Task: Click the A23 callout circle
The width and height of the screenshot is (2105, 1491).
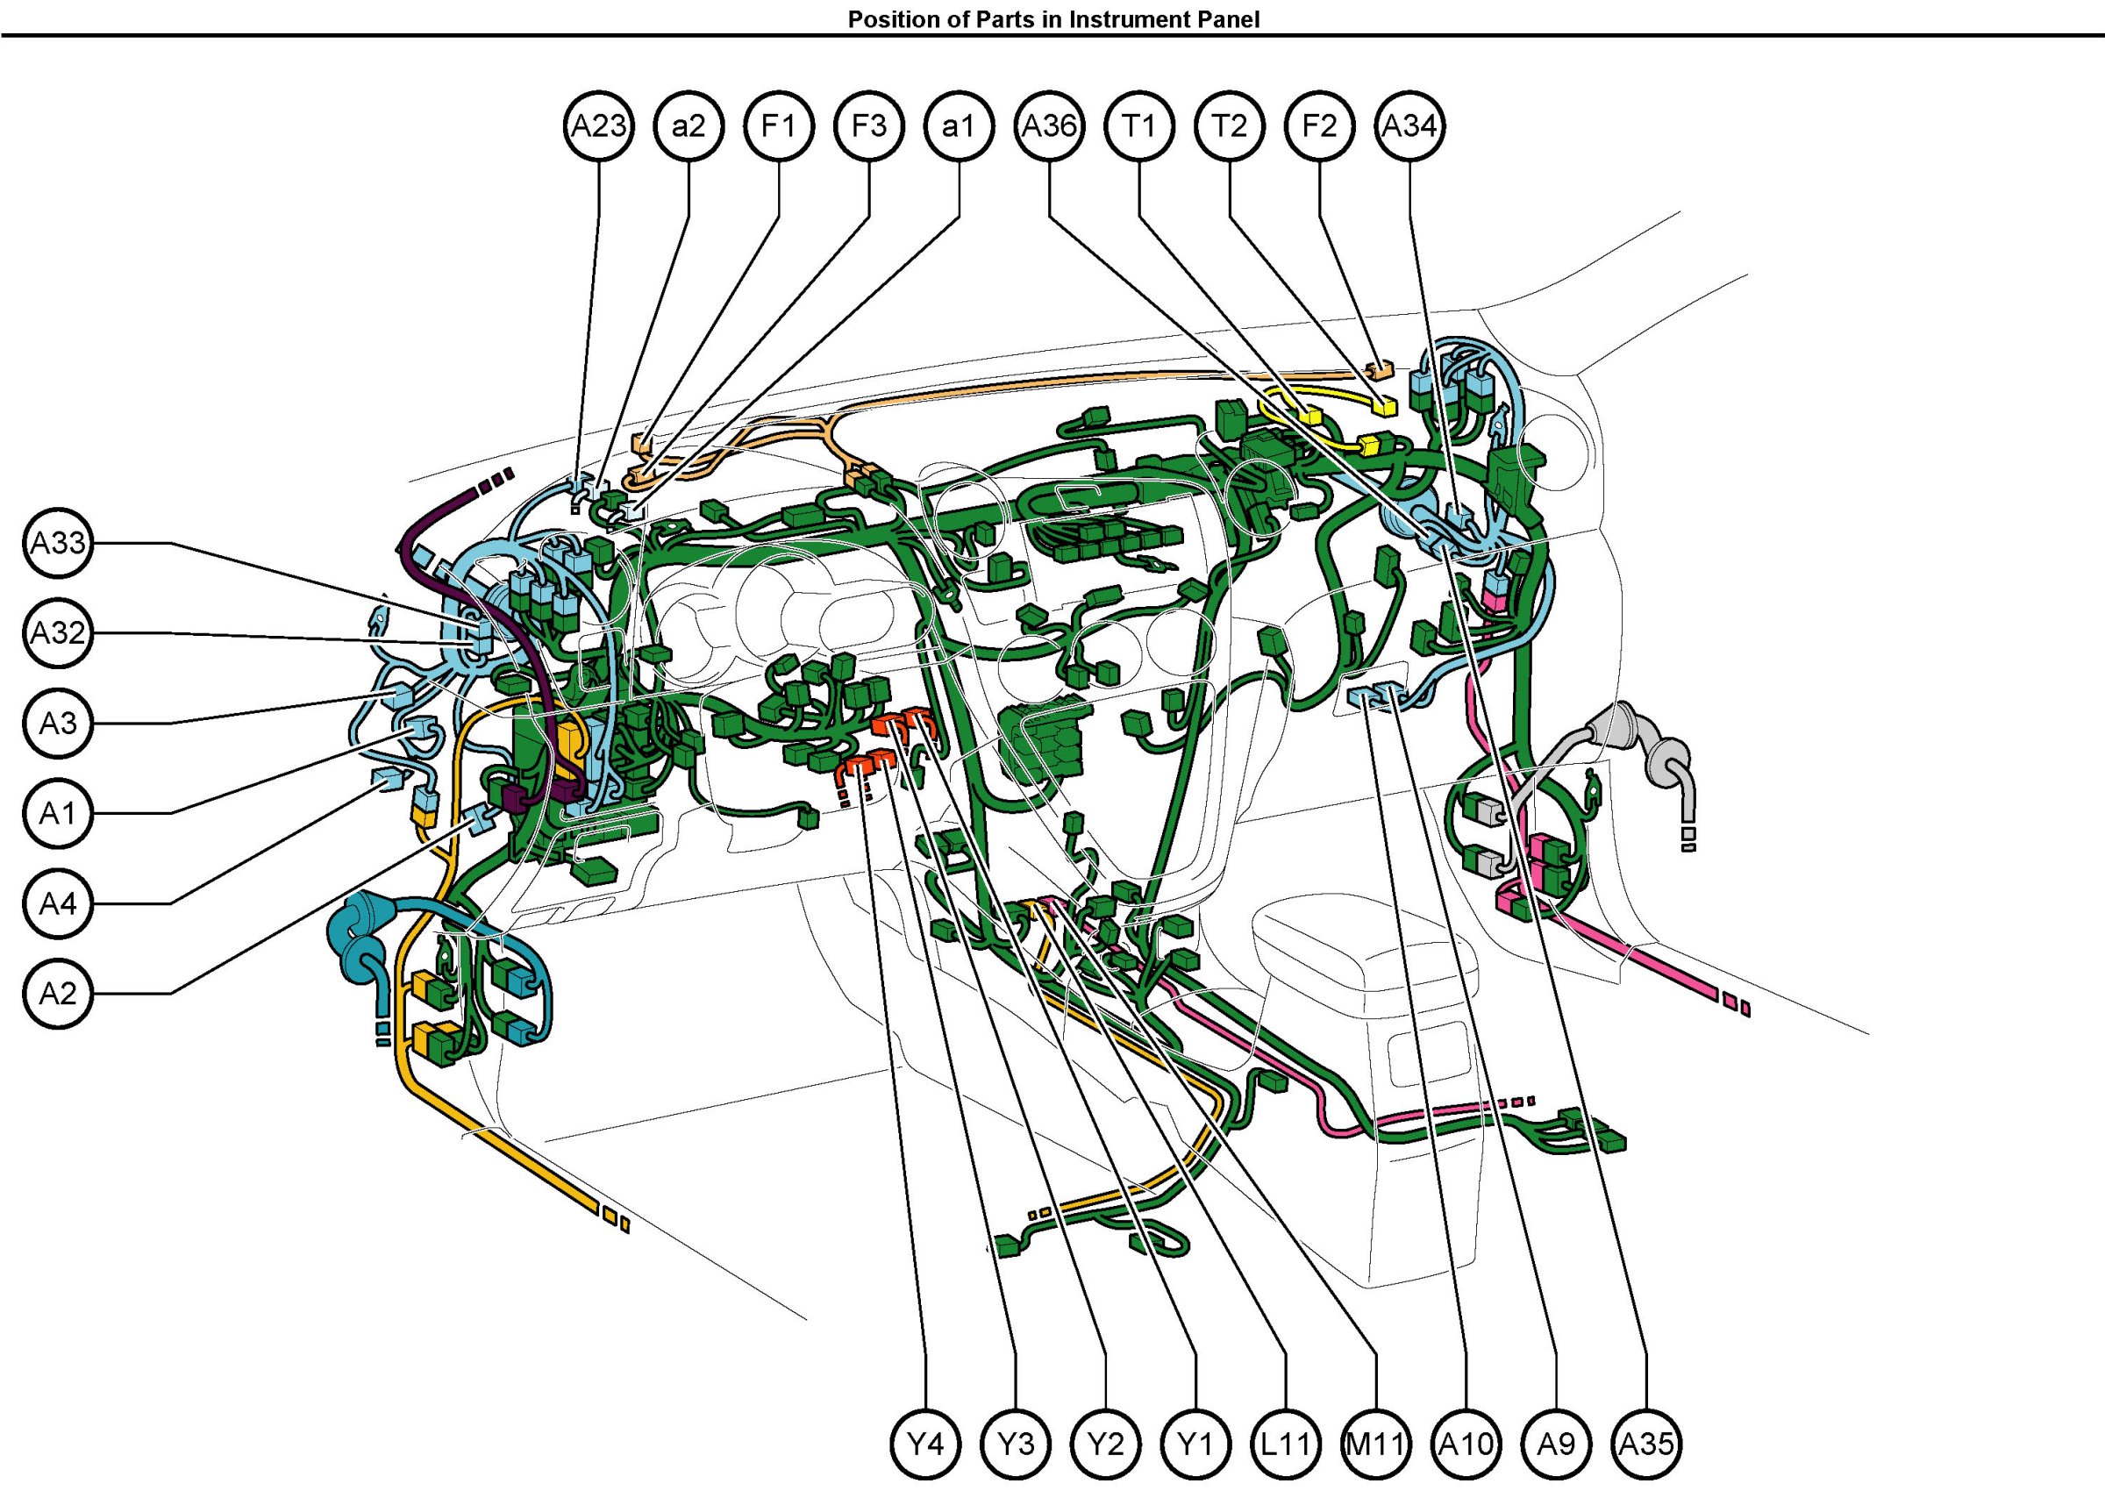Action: click(598, 125)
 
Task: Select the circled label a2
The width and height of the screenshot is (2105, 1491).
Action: click(689, 125)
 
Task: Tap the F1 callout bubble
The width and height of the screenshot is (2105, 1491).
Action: click(779, 125)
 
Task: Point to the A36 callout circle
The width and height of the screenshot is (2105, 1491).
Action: click(1049, 125)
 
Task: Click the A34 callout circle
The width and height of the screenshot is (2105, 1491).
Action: click(1410, 125)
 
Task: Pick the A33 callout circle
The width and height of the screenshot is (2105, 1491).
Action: click(59, 544)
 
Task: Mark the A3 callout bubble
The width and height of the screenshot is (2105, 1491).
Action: click(59, 724)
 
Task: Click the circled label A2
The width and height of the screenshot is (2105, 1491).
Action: click(59, 994)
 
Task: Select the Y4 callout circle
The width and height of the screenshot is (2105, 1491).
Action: click(926, 1445)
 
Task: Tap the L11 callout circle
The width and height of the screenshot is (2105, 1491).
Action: click(1286, 1445)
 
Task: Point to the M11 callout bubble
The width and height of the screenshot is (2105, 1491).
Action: click(1376, 1445)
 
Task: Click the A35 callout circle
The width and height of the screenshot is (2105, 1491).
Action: click(1647, 1445)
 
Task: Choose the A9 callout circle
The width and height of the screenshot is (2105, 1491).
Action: click(1557, 1445)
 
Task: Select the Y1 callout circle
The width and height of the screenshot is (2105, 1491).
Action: click(1196, 1445)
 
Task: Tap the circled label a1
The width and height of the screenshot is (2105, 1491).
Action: click(959, 125)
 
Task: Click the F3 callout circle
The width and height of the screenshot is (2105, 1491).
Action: click(868, 125)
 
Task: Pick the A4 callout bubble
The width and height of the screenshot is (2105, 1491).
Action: click(59, 903)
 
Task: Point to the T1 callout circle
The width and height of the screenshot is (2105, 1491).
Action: click(1139, 125)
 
